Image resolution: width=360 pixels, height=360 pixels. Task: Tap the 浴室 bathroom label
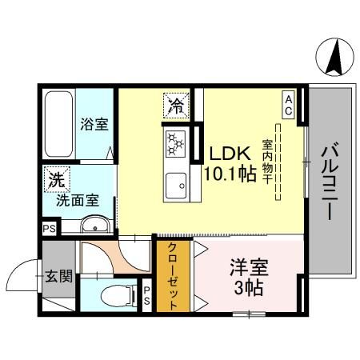coord(94,125)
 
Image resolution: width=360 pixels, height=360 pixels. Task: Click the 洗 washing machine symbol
coord(56,179)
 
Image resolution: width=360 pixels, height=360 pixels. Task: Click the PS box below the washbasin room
coord(47,228)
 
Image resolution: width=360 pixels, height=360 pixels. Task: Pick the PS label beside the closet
coord(146,297)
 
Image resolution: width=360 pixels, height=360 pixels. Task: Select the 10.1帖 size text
coord(232,174)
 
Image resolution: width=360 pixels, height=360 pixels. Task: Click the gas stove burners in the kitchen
coord(175,144)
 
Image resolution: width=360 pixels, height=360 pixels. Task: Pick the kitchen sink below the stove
coord(175,189)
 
